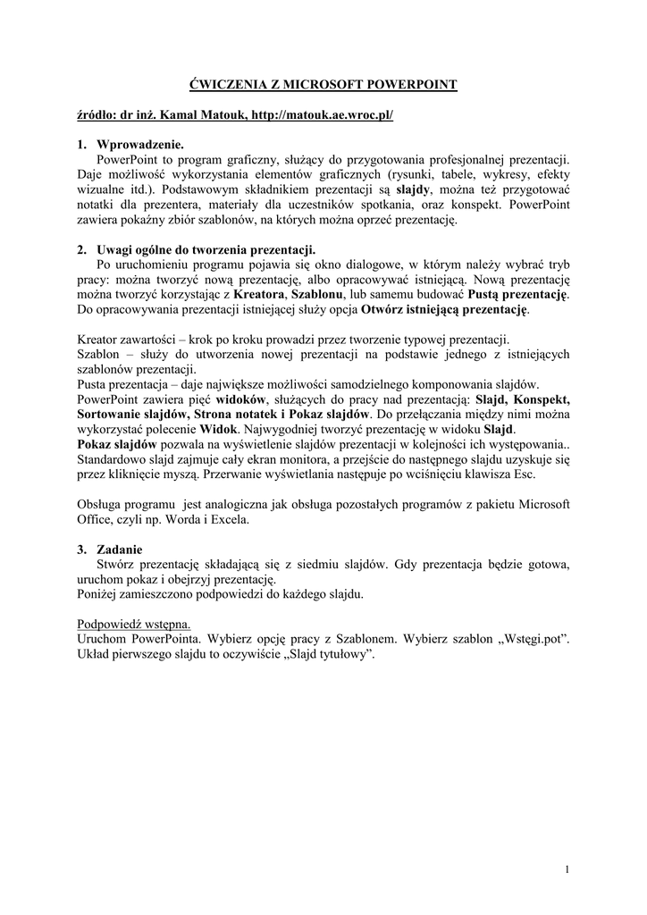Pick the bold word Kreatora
click(x=260, y=295)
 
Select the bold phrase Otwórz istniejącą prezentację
click(x=444, y=310)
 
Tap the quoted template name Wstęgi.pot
click(x=534, y=640)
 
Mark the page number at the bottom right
click(x=568, y=869)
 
